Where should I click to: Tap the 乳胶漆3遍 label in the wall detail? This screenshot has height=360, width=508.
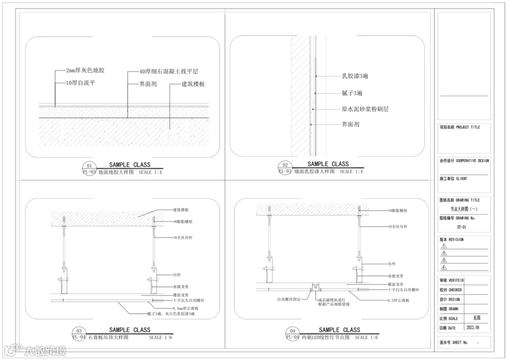(355, 76)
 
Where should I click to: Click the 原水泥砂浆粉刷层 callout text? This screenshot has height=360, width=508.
(365, 109)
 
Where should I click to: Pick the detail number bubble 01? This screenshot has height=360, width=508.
(89, 166)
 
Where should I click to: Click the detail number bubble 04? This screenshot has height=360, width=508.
(293, 331)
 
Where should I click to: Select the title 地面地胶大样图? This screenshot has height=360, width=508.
(116, 172)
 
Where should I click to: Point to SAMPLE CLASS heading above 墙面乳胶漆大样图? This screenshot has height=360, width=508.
(328, 164)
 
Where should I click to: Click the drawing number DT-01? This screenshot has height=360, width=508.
(461, 227)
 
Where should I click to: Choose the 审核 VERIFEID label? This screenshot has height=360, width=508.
(452, 280)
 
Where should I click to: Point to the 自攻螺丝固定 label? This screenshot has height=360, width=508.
(288, 299)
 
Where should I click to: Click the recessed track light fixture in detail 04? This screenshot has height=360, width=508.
(316, 286)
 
